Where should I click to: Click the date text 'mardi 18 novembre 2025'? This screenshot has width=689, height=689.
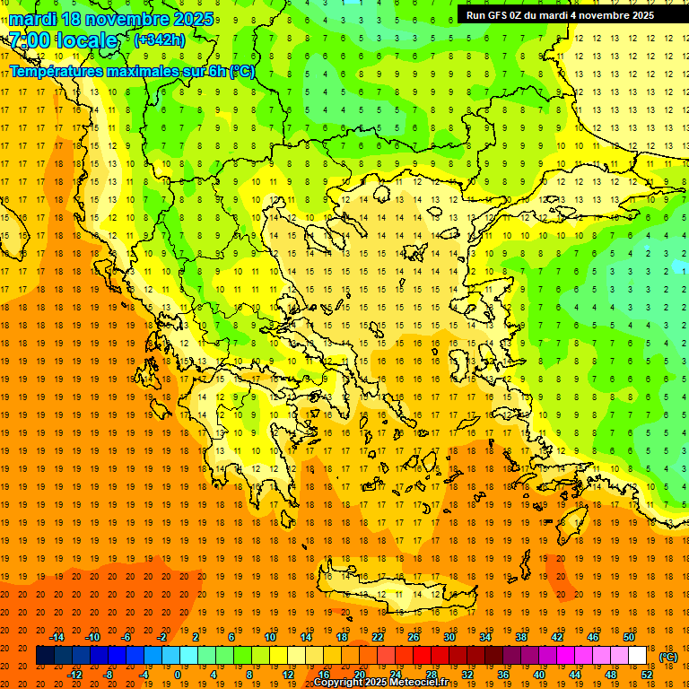111,19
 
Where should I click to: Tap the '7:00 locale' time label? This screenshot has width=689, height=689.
63,41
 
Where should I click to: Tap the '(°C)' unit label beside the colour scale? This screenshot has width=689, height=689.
668,657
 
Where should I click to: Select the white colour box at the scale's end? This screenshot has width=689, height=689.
638,656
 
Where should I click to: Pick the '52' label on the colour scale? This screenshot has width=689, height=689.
648,675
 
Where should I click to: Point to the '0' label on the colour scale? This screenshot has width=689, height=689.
177,675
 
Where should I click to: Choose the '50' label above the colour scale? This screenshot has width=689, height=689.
629,637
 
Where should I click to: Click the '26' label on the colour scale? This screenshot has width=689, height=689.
414,637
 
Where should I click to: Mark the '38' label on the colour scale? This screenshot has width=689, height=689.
521,637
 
